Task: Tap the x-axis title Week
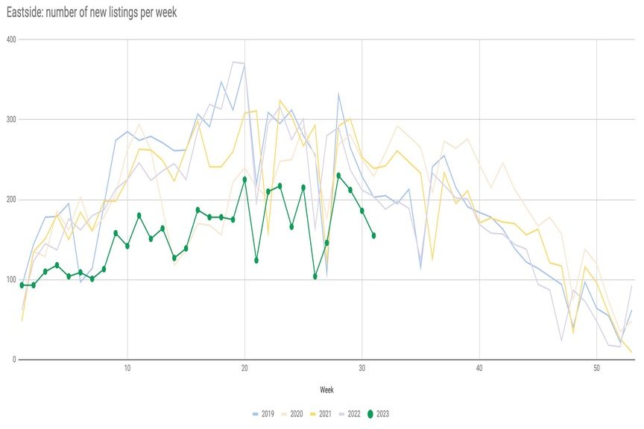tap(326, 390)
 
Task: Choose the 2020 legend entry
tap(291, 413)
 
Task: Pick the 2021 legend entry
tap(321, 413)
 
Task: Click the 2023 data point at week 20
tap(244, 179)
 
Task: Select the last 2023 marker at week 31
tap(373, 235)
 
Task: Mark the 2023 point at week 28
tap(338, 176)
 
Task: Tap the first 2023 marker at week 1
tap(22, 285)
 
